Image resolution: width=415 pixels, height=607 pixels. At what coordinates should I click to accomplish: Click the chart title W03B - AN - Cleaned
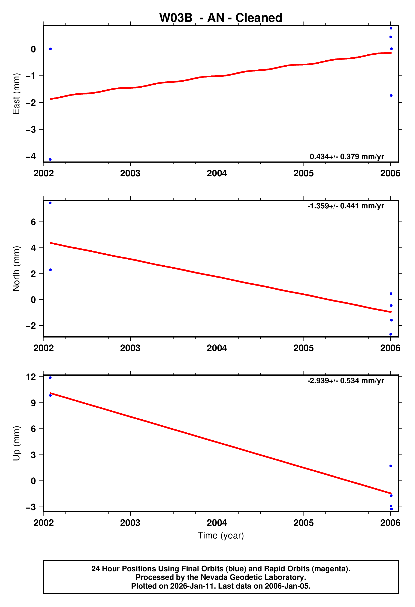click(221, 18)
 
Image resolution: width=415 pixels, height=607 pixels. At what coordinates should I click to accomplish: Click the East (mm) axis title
click(16, 94)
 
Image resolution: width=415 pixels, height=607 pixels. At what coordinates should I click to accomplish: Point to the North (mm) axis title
click(16, 269)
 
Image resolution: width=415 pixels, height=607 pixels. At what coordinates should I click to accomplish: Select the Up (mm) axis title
click(16, 443)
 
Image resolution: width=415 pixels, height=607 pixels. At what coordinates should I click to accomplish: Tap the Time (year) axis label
click(221, 535)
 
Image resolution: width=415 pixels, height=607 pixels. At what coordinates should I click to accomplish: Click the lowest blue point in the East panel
click(50, 159)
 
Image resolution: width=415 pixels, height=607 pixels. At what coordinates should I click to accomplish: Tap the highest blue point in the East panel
click(391, 28)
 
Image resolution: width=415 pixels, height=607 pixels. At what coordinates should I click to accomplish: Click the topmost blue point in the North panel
click(50, 203)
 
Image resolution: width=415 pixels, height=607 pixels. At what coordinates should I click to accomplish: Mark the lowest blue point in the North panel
click(391, 334)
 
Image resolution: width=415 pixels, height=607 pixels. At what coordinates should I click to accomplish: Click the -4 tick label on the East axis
click(31, 156)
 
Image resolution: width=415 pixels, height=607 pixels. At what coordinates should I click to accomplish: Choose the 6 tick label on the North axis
click(33, 222)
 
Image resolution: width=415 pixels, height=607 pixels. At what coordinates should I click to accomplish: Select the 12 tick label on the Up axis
click(31, 377)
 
